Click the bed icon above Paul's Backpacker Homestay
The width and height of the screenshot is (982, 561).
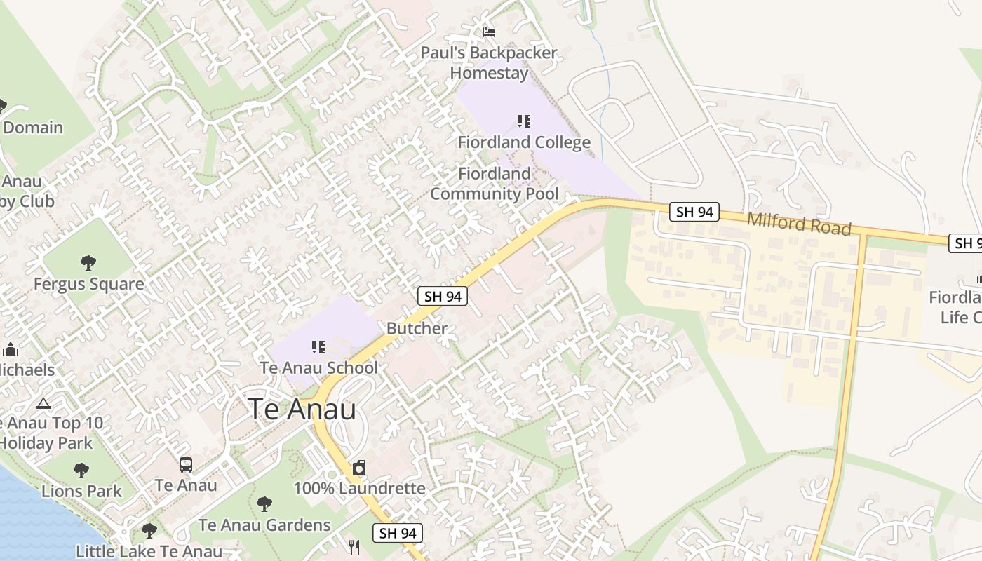[x=489, y=32]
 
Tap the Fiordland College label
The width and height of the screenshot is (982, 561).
[x=524, y=142]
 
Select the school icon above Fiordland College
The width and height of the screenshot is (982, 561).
[x=524, y=121]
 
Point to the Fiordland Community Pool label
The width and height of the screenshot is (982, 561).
[x=495, y=184]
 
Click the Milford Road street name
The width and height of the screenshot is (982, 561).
[x=799, y=224]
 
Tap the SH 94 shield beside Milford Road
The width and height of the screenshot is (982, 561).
[x=694, y=212]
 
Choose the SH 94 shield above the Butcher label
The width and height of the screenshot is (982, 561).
[x=443, y=296]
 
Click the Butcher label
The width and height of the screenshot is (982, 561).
[x=417, y=328]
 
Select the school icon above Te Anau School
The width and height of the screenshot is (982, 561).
[x=318, y=347]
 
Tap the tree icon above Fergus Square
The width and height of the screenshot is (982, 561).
[x=88, y=263]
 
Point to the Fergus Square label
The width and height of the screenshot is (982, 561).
[x=89, y=284]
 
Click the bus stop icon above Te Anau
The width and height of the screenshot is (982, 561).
[x=186, y=464]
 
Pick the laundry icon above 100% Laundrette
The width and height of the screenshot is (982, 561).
[x=359, y=468]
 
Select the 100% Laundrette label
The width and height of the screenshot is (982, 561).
[x=359, y=488]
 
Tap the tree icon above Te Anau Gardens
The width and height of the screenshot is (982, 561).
[x=264, y=503]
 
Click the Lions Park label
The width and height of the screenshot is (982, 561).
[x=81, y=491]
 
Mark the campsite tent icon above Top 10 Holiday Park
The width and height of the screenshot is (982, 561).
[x=43, y=403]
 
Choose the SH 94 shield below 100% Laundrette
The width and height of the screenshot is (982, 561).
[x=398, y=533]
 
